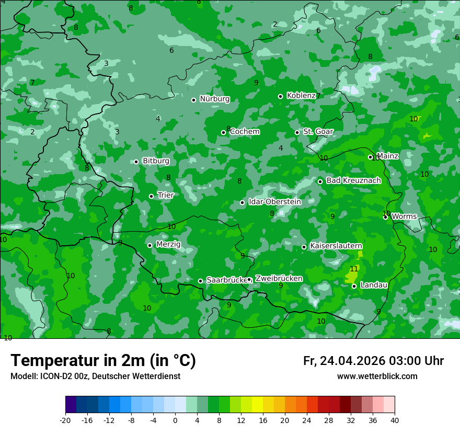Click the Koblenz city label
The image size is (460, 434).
[301, 96]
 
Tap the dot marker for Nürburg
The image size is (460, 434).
[193, 100]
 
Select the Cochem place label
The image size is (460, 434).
[245, 132]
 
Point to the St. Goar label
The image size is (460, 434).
[318, 132]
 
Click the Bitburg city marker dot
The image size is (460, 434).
[136, 162]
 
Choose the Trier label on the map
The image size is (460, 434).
[166, 196]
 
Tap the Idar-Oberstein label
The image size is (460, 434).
[274, 202]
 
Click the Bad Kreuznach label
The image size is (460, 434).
[353, 181]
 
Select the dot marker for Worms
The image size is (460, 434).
[385, 217]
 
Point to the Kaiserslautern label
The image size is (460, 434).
[336, 246]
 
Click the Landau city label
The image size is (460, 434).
[374, 285]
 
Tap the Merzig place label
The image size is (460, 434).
[168, 245]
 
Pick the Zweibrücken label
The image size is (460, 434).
[279, 279]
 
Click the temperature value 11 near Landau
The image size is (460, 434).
[354, 269]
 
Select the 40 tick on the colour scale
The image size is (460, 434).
[395, 420]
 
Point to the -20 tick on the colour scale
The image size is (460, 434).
[65, 420]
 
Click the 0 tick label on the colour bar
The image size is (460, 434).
[175, 420]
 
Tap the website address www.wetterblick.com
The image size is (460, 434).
[377, 376]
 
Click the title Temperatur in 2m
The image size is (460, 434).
[103, 360]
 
